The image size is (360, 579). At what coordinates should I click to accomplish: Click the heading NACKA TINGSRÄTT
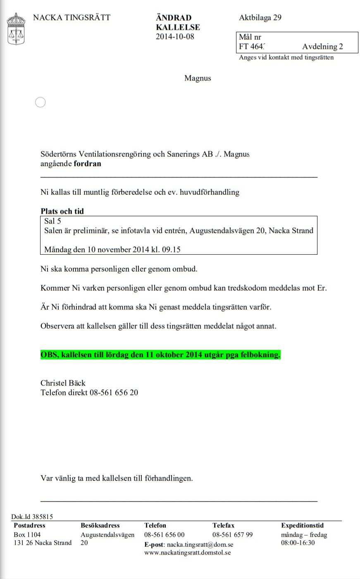[72, 17]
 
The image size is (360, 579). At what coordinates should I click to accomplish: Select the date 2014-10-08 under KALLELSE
[175, 36]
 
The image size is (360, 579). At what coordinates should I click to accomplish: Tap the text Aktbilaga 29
[260, 17]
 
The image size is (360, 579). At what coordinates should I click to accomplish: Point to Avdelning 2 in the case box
[322, 47]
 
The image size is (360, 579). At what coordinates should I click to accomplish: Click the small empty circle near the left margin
[41, 102]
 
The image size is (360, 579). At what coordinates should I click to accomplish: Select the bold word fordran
[87, 163]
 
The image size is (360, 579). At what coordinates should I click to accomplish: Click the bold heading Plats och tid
[62, 211]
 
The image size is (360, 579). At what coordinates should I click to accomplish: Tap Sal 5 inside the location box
[52, 221]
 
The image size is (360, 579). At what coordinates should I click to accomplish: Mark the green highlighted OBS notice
[160, 355]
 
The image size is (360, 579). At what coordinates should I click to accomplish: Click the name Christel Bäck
[63, 383]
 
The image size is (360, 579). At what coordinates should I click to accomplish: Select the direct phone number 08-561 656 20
[114, 392]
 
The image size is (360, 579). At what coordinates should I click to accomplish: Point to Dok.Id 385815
[32, 517]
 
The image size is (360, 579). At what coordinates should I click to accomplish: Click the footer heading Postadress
[29, 525]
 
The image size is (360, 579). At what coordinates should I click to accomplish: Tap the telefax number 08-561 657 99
[232, 534]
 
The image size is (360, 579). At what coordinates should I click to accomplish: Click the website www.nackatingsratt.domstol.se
[187, 553]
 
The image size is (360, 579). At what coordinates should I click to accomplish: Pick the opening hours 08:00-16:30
[298, 543]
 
